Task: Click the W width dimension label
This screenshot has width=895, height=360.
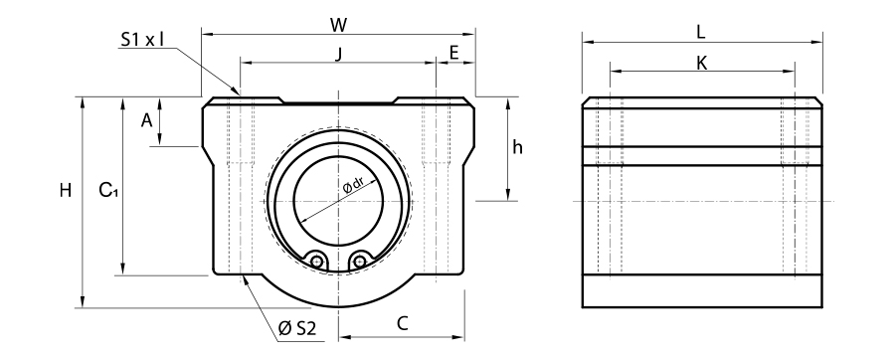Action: tap(338, 25)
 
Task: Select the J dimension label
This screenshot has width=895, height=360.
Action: tap(338, 54)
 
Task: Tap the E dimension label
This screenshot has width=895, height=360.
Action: tap(454, 53)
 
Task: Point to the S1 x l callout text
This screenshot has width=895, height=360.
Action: tap(142, 39)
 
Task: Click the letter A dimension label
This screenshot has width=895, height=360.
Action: tap(147, 120)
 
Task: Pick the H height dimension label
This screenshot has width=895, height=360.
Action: tap(66, 190)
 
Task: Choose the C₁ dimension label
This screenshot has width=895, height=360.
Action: tap(107, 190)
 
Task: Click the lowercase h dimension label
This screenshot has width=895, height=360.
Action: tap(517, 147)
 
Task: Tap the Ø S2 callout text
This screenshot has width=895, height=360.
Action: tap(296, 328)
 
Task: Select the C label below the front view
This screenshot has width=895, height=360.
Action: tap(403, 323)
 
